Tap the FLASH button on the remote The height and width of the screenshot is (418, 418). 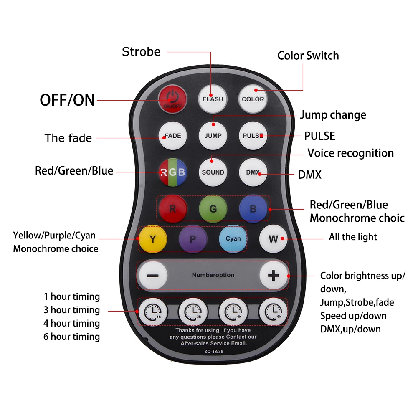pyautogui.click(x=213, y=99)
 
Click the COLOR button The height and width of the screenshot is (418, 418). pyautogui.click(x=253, y=99)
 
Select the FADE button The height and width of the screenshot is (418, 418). pyautogui.click(x=172, y=136)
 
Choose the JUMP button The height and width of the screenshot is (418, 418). pyautogui.click(x=213, y=136)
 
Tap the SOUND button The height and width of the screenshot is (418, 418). pyautogui.click(x=213, y=172)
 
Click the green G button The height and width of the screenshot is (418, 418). pyautogui.click(x=213, y=209)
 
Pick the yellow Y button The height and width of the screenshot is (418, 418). pyautogui.click(x=153, y=239)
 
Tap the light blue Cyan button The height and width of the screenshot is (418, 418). pyautogui.click(x=233, y=239)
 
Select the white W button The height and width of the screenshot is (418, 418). pyautogui.click(x=273, y=239)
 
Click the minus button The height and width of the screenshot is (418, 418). pyautogui.click(x=153, y=276)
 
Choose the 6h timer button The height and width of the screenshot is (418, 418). pyautogui.click(x=273, y=312)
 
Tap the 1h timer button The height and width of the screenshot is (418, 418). pyautogui.click(x=153, y=312)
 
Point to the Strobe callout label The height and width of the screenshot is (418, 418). pyautogui.click(x=141, y=52)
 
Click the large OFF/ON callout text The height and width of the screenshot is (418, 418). pyautogui.click(x=67, y=100)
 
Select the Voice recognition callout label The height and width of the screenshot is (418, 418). pyautogui.click(x=350, y=153)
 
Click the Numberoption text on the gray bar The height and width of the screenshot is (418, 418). pyautogui.click(x=213, y=275)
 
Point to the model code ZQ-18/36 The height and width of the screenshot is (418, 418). pyautogui.click(x=213, y=352)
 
